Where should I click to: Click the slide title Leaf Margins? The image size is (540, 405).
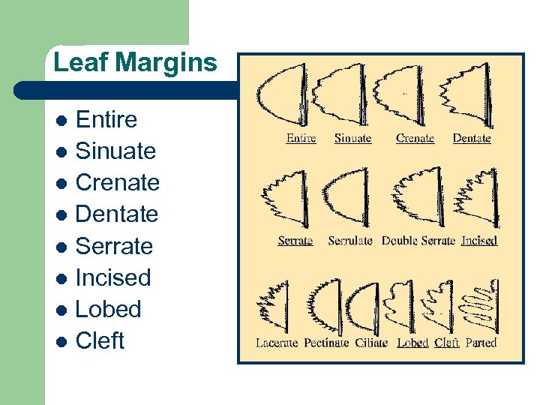135,62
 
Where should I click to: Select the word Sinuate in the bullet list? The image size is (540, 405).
116,151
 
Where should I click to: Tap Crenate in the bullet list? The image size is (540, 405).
118,182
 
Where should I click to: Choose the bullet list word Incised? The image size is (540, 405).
113,277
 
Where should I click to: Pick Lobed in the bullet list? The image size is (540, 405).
108,309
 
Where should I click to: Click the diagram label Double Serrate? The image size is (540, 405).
418,241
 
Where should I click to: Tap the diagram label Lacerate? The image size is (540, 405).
276,343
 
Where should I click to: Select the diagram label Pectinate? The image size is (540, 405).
325,343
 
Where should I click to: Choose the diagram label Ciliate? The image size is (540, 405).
371,343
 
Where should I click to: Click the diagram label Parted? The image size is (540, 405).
481,343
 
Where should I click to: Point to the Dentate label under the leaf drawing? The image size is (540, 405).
472,138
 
